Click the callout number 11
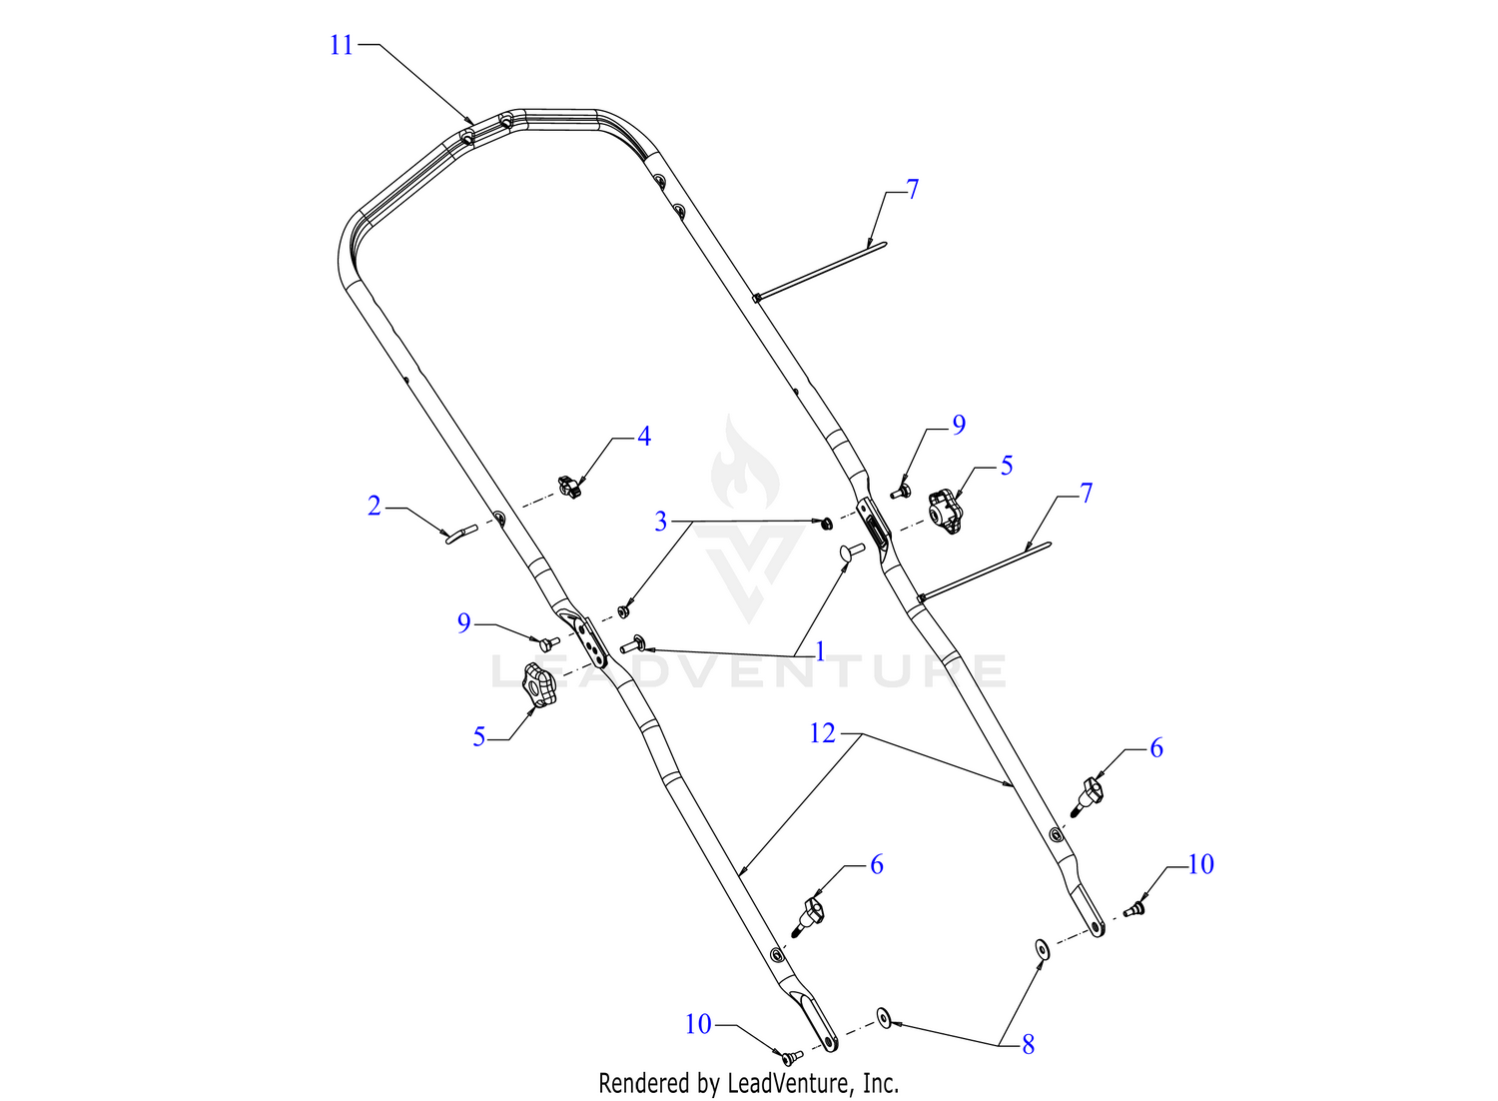[342, 46]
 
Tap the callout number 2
[374, 507]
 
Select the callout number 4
[643, 437]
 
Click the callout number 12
[823, 733]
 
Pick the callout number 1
[820, 652]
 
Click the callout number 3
[661, 522]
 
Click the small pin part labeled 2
[461, 534]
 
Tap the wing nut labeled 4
[569, 487]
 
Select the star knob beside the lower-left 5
[539, 684]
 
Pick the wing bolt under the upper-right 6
[1087, 796]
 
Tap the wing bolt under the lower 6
[807, 918]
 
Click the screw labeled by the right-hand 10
[1133, 909]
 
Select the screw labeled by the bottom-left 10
[793, 1057]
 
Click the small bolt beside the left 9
[549, 643]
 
